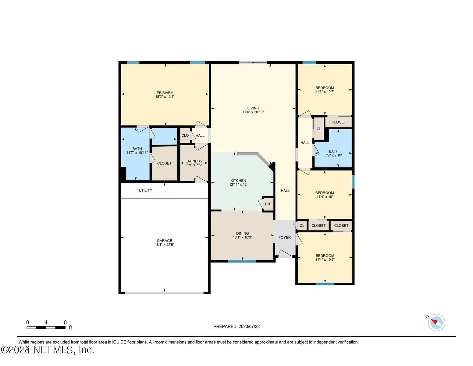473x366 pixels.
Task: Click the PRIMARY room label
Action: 165,93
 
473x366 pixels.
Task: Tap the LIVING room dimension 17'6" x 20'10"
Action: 253,112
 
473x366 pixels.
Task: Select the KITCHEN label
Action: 238,181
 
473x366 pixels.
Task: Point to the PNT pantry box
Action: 268,204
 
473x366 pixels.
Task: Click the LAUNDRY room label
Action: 194,161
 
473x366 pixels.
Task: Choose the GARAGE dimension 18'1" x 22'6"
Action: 164,245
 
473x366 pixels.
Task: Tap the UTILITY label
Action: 145,191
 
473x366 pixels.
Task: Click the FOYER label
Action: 284,237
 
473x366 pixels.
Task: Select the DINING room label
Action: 242,233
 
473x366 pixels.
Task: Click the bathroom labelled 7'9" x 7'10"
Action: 333,153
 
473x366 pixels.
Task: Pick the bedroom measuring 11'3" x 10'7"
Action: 325,90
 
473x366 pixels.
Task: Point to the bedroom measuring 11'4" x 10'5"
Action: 325,258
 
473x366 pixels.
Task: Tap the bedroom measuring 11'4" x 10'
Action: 325,195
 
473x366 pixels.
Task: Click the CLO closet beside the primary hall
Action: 185,135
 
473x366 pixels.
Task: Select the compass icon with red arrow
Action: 436,322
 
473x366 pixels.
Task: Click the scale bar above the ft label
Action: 46,328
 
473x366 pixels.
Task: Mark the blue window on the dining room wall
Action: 242,261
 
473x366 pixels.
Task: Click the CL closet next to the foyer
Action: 302,226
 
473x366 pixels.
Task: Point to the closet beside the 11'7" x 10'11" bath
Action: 164,163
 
